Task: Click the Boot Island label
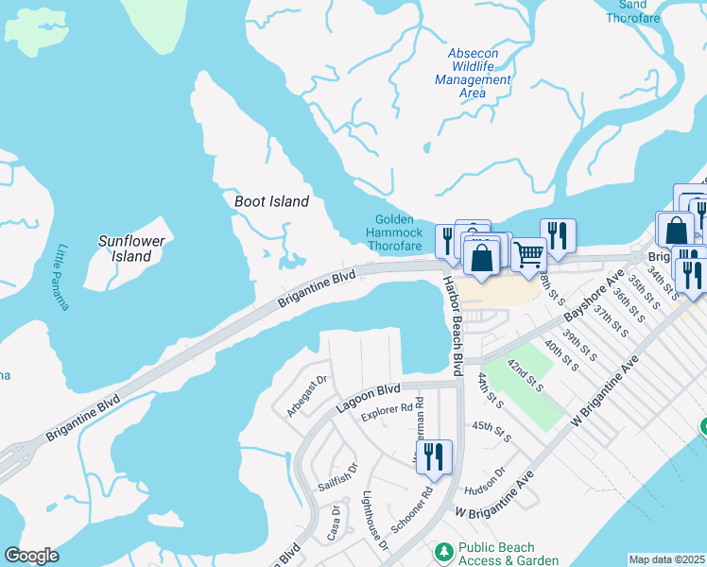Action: point(271,201)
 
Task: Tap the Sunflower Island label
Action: point(131,249)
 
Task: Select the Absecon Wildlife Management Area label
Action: point(473,73)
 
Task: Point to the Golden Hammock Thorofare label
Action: point(394,233)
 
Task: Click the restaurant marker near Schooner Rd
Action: point(434,456)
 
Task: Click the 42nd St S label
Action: point(526,376)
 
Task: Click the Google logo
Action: point(31,556)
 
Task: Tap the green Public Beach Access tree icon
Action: point(442,550)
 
